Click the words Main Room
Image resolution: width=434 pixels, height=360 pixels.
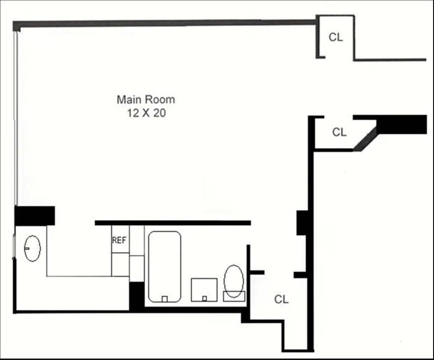[146, 99]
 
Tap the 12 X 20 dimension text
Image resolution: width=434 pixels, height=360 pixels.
[146, 113]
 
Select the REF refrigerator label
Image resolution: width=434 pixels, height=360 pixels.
[119, 240]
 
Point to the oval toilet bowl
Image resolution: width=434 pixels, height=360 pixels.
[233, 281]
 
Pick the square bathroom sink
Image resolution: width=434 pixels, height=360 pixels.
[204, 290]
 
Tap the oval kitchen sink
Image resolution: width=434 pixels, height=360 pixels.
[32, 248]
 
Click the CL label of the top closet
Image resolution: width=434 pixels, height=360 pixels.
[336, 37]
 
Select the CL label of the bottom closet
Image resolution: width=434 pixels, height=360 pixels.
[282, 299]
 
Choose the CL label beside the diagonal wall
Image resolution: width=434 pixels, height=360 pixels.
[340, 132]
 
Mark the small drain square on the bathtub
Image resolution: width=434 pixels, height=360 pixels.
[165, 299]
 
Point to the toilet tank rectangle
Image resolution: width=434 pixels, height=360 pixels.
[234, 296]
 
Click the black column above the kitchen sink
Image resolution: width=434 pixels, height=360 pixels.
[35, 215]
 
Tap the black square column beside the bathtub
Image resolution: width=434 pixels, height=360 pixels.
[136, 295]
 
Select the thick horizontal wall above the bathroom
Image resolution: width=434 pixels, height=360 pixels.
[173, 223]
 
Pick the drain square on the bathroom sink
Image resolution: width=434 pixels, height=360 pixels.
[205, 298]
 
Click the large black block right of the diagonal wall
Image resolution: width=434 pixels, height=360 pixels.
[402, 124]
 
